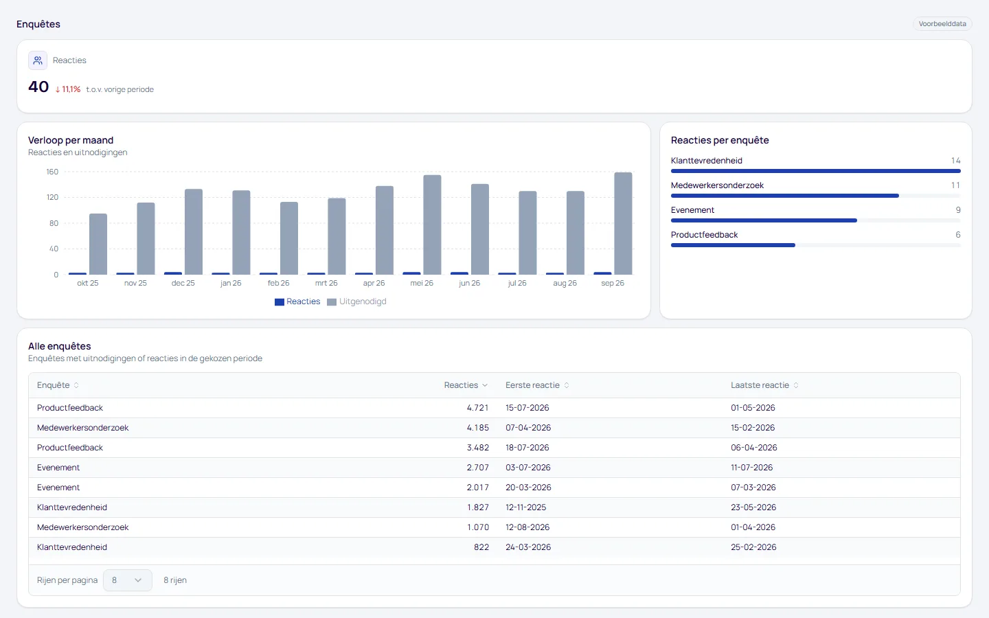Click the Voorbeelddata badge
pyautogui.click(x=942, y=24)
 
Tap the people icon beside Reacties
pyautogui.click(x=38, y=60)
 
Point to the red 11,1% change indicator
pyautogui.click(x=67, y=89)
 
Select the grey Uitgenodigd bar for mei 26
pyautogui.click(x=432, y=225)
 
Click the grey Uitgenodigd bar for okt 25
pyautogui.click(x=98, y=244)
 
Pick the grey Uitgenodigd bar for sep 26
pyautogui.click(x=623, y=223)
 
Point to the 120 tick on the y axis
pyautogui.click(x=52, y=197)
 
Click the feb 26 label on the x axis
pyautogui.click(x=278, y=283)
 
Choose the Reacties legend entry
pyautogui.click(x=297, y=301)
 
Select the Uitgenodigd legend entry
pyautogui.click(x=356, y=301)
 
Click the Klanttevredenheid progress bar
pyautogui.click(x=815, y=171)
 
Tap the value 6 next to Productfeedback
pyautogui.click(x=957, y=235)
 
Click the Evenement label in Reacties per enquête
pyautogui.click(x=692, y=210)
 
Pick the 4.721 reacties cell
pyautogui.click(x=478, y=408)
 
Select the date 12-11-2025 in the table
pyautogui.click(x=526, y=507)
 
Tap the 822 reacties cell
pyautogui.click(x=481, y=547)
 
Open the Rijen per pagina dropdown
pyautogui.click(x=128, y=580)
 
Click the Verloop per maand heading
pyautogui.click(x=71, y=140)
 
